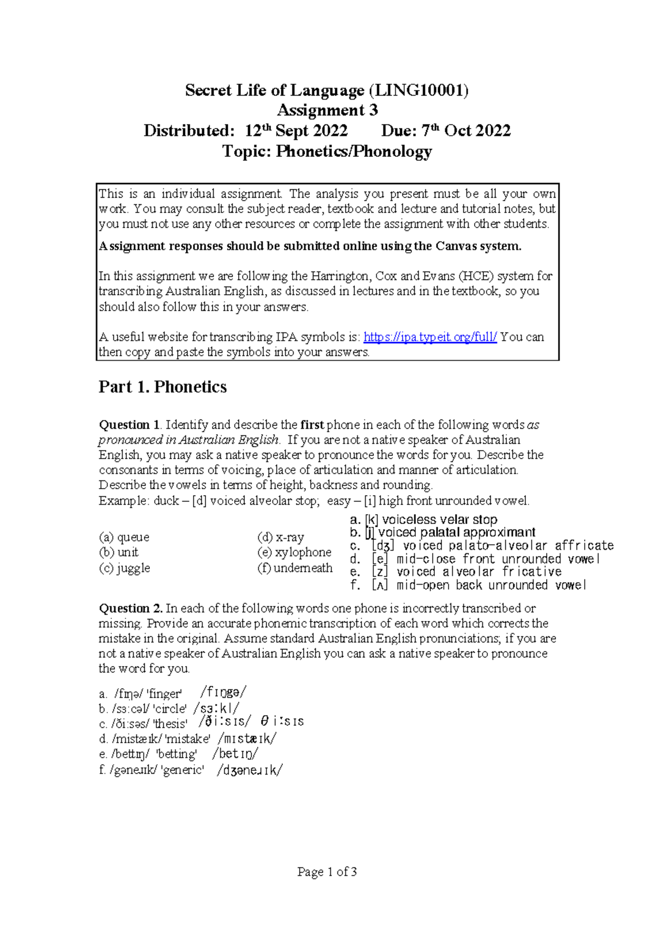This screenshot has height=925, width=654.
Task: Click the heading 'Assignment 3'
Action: (x=327, y=111)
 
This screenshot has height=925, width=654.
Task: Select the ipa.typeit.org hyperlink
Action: (x=430, y=337)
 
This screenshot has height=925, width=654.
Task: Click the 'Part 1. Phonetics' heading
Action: (x=162, y=387)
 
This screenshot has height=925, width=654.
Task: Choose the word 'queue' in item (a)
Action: (x=133, y=537)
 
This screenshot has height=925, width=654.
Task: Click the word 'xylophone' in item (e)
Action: (x=303, y=552)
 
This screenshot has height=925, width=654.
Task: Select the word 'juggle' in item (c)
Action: (x=134, y=568)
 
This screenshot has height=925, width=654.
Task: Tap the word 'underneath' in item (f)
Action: (x=303, y=568)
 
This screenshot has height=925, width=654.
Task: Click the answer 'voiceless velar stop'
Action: (x=439, y=520)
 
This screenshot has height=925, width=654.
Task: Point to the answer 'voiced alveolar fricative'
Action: (x=479, y=572)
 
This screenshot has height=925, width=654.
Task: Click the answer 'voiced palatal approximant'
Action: (x=457, y=532)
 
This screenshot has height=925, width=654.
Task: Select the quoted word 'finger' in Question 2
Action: (x=164, y=694)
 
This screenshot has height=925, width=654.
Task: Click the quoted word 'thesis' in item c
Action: (x=170, y=724)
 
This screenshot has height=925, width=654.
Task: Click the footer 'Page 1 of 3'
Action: (x=327, y=872)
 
